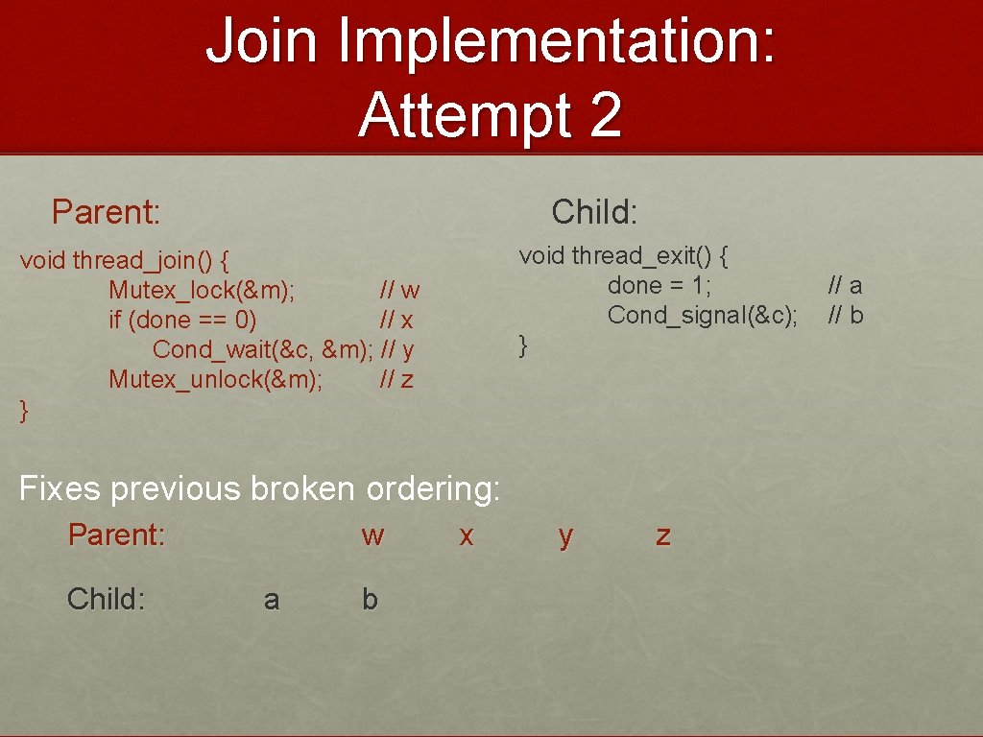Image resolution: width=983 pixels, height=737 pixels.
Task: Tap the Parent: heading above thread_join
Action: (x=106, y=211)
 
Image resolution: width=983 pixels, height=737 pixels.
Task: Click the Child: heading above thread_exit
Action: (x=594, y=211)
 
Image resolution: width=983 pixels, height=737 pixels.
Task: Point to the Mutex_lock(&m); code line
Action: (x=202, y=290)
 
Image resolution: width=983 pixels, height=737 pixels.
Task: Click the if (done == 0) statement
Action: (x=182, y=320)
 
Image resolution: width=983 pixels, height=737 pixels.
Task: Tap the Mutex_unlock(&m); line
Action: (x=215, y=379)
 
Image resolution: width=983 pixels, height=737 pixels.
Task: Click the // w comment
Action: (x=399, y=290)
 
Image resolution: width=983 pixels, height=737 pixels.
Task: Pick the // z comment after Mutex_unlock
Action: (x=396, y=379)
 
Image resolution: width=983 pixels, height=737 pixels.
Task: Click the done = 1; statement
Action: (x=659, y=285)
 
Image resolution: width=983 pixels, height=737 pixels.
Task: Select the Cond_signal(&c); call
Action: (x=702, y=315)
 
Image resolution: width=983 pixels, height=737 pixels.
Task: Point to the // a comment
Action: (x=845, y=285)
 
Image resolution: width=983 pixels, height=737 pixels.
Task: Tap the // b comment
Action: (x=845, y=315)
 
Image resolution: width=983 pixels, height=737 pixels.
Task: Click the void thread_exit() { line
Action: (x=624, y=255)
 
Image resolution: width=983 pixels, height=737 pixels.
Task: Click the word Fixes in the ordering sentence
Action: (x=60, y=488)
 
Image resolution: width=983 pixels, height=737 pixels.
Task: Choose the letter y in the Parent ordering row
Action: (x=565, y=535)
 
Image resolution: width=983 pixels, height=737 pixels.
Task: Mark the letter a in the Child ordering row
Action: (x=272, y=600)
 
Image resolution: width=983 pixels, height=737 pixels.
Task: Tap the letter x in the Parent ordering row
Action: (x=467, y=535)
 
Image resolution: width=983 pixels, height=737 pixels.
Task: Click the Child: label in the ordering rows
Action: (x=106, y=600)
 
